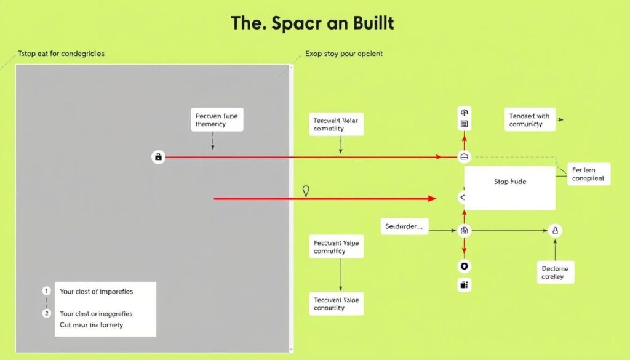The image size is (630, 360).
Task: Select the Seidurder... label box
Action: pos(404,226)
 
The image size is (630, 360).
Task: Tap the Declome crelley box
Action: pos(555,273)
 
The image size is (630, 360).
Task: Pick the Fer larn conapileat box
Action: pos(588,174)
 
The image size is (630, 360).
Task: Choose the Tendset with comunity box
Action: pos(529,120)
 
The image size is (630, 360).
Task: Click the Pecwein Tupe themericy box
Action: pos(216,119)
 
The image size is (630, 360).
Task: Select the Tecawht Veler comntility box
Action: pos(335,125)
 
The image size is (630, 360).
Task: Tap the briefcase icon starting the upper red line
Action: pos(158,157)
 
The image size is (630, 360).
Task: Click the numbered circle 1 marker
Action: pos(46,290)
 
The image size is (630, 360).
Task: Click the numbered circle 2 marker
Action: pos(46,313)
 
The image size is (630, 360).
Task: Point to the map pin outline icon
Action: pos(306,191)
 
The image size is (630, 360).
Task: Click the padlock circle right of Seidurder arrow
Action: pos(555,231)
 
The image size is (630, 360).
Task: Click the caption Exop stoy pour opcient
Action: pos(344,54)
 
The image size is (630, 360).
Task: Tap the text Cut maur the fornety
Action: pos(91,325)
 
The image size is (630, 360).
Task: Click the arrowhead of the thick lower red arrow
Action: pos(433,199)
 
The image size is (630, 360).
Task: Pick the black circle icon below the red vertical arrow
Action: pos(464,266)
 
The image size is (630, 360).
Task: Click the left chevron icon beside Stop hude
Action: pos(463,198)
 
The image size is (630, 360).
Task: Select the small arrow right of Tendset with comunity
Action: pos(560,121)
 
